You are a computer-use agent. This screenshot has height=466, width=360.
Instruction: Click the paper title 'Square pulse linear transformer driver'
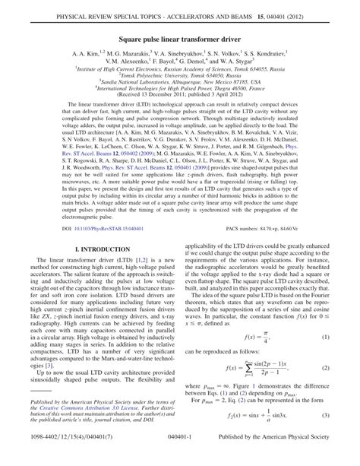180,35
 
